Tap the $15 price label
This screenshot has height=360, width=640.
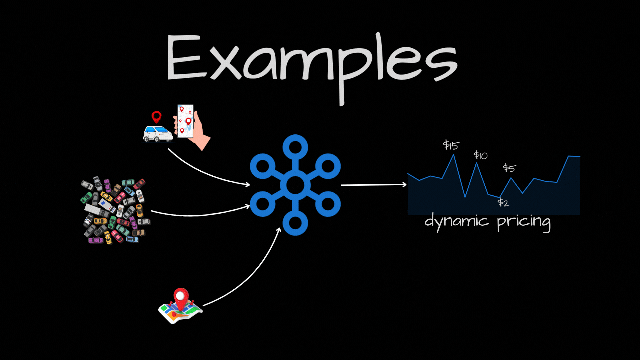[451, 145]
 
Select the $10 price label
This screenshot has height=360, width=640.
[480, 155]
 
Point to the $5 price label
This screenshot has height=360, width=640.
[509, 168]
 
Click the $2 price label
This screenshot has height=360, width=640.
[503, 203]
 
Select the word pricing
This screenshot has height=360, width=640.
[523, 223]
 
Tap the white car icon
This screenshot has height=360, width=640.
[158, 134]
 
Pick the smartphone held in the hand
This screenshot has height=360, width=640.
[185, 121]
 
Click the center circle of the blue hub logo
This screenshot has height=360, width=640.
[295, 185]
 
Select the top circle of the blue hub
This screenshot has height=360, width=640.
[295, 147]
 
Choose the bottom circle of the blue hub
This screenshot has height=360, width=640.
[295, 223]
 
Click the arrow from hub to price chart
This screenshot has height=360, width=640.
[373, 185]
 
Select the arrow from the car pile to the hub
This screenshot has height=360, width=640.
[200, 215]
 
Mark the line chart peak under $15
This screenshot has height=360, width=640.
[453, 156]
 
